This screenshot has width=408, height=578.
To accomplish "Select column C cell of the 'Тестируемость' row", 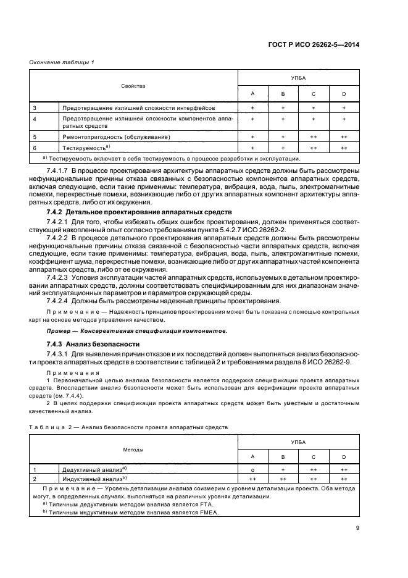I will click(x=314, y=148).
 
